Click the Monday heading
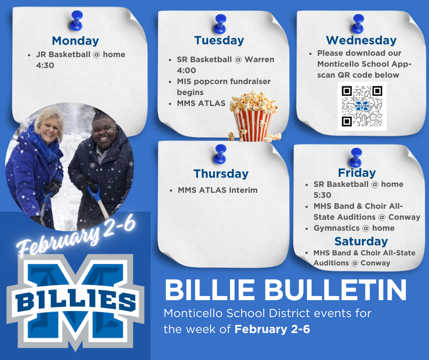pos(75,41)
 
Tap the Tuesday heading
pos(219,40)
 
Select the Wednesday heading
pos(361,40)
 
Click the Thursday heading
pos(221,174)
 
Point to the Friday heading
pos(357,173)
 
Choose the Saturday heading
pos(361,241)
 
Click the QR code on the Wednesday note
pos(362,106)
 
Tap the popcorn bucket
pos(252,118)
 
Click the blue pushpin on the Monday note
pos(76,19)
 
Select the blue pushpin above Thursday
pos(221,152)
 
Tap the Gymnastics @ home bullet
pos(354,228)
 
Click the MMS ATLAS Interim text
pos(218,190)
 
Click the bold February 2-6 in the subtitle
pos(272,329)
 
